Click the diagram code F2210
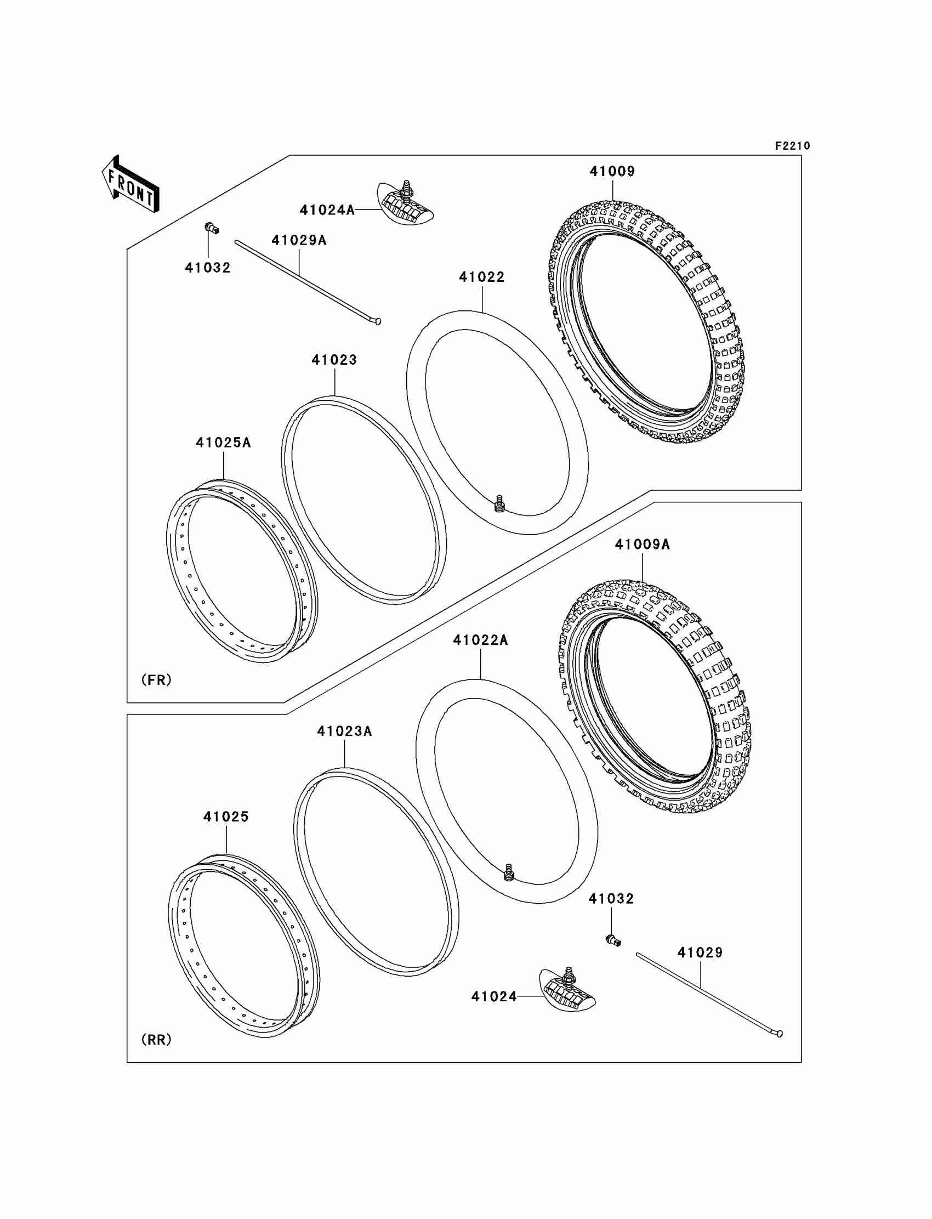pos(792,146)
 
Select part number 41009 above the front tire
pos(612,172)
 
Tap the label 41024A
pos(327,210)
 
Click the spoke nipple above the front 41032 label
pos(212,228)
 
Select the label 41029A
pos(298,240)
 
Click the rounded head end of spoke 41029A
pos(378,321)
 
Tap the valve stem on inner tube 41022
pos(499,504)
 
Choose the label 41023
pos(334,360)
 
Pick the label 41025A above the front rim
pos(223,443)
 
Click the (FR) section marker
pos(156,679)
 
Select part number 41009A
pos(642,545)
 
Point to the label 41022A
pos(480,640)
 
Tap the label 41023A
pos(344,732)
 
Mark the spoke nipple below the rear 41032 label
pos(613,940)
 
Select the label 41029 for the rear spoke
pos(700,953)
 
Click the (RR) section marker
pos(156,1040)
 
